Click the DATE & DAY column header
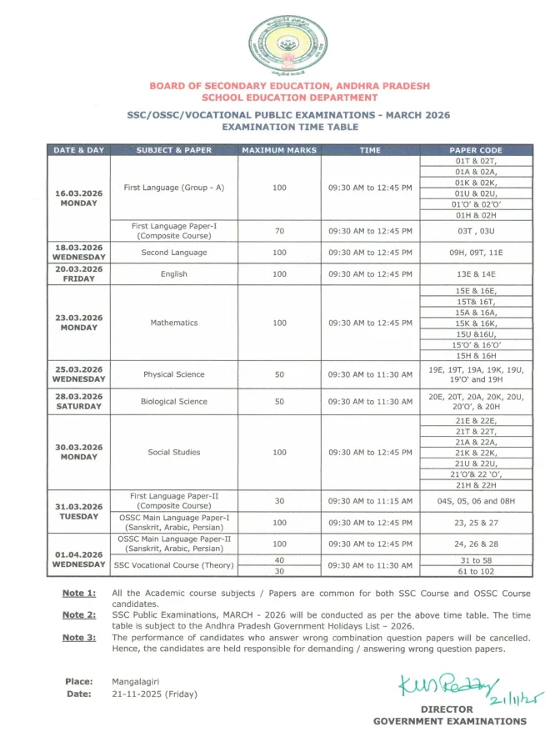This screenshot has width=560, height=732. point(79,150)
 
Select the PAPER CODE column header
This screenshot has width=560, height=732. point(476,150)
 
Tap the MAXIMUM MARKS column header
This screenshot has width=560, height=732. point(279,150)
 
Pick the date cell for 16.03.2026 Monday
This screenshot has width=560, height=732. point(79,198)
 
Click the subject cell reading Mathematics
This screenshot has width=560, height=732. point(174,323)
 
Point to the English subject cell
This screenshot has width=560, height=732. point(174,273)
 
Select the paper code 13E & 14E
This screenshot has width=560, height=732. point(476,273)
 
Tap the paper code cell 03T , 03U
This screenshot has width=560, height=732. point(476,231)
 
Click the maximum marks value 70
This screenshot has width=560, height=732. point(279,231)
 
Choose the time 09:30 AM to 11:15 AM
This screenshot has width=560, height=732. point(370,501)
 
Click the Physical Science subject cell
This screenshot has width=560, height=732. point(174,374)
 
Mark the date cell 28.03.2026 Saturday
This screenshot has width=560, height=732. point(79,401)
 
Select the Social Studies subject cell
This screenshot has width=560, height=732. point(174,452)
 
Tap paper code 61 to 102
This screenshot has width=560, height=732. point(476,571)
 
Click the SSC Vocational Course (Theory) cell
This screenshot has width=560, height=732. point(174,565)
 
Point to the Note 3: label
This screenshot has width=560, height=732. point(79,638)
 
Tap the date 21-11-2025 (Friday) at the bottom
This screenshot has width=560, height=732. point(155,694)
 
